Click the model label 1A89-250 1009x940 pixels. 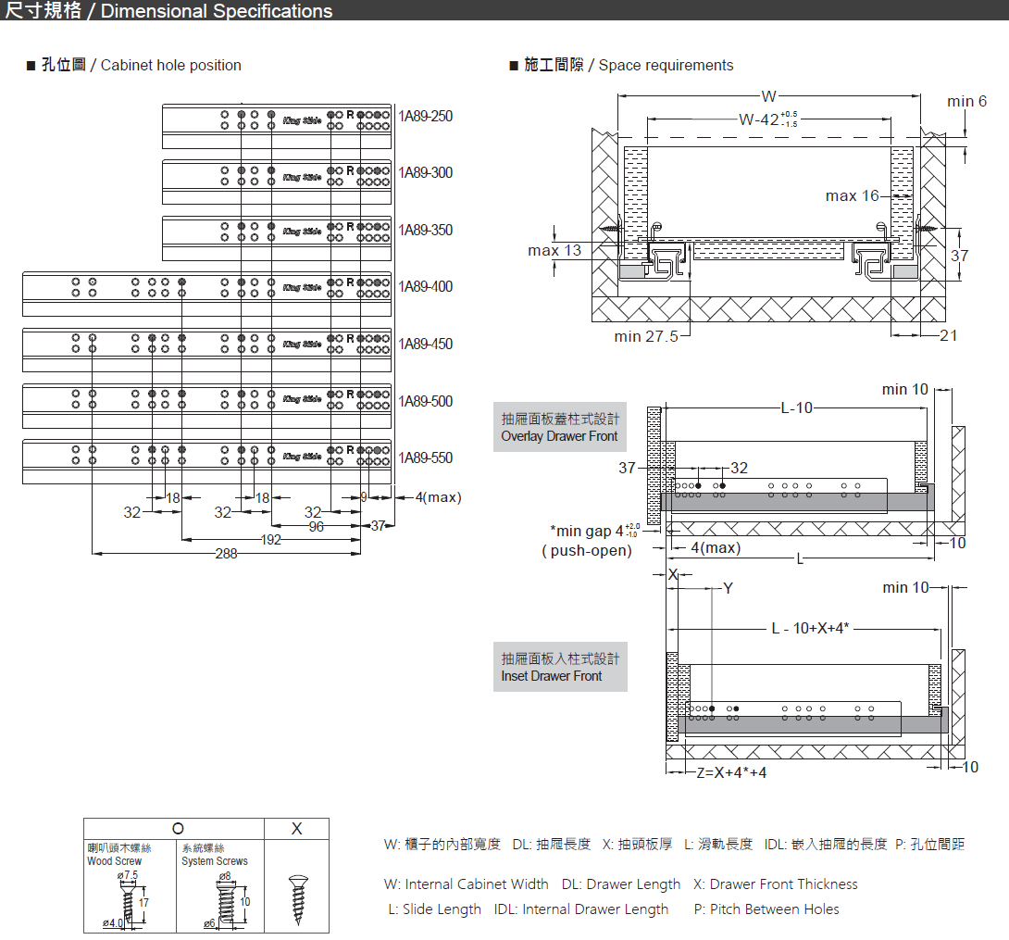pyautogui.click(x=426, y=117)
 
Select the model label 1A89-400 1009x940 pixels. pyautogui.click(x=426, y=287)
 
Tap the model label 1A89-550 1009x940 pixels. pyautogui.click(x=426, y=458)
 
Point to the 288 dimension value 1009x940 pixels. pyautogui.click(x=226, y=554)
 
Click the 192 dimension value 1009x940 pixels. pyautogui.click(x=270, y=540)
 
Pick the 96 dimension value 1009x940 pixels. pyautogui.click(x=317, y=527)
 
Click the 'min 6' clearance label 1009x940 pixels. pyautogui.click(x=966, y=102)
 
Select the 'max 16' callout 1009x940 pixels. pyautogui.click(x=853, y=196)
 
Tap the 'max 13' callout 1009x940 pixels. pyautogui.click(x=554, y=250)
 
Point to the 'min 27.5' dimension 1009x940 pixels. pyautogui.click(x=646, y=336)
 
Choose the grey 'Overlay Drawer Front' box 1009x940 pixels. pyautogui.click(x=559, y=428)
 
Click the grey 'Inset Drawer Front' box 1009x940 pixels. pyautogui.click(x=560, y=667)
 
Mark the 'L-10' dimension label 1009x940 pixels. pyautogui.click(x=796, y=408)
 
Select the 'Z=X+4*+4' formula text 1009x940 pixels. pyautogui.click(x=731, y=772)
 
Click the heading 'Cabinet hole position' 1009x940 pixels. pyautogui.click(x=170, y=65)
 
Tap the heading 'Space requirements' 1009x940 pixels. pyautogui.click(x=666, y=65)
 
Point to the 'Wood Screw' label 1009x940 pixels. pyautogui.click(x=114, y=861)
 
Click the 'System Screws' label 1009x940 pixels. pyautogui.click(x=215, y=861)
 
